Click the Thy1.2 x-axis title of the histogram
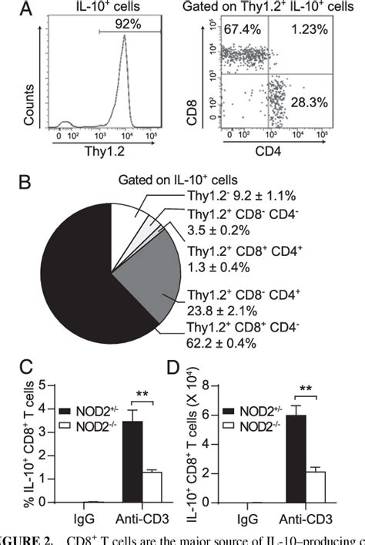[x=105, y=163]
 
